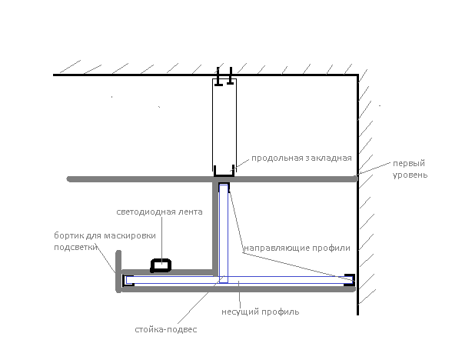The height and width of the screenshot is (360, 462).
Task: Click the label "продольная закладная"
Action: pos(301,158)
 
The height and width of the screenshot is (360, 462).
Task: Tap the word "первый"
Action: pos(409,164)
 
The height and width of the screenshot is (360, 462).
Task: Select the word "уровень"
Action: pos(410,175)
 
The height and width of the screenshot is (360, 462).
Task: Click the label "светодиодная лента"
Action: pos(159,212)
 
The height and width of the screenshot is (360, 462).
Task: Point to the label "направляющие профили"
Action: pos(297,248)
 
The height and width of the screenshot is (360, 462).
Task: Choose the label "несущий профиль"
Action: pos(260,312)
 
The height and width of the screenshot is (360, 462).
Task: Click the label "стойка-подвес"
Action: pos(166,329)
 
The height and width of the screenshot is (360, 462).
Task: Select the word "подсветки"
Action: pos(75,247)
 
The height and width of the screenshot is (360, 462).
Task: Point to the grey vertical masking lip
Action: pos(118,272)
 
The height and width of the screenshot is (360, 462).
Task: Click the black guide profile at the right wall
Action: pos(350,279)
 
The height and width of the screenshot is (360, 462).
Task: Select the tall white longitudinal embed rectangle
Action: pos(224,125)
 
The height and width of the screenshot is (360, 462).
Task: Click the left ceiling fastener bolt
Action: pos(218,77)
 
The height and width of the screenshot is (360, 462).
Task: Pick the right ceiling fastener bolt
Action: pos(231,76)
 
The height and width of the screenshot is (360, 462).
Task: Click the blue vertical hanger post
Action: pos(224,234)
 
